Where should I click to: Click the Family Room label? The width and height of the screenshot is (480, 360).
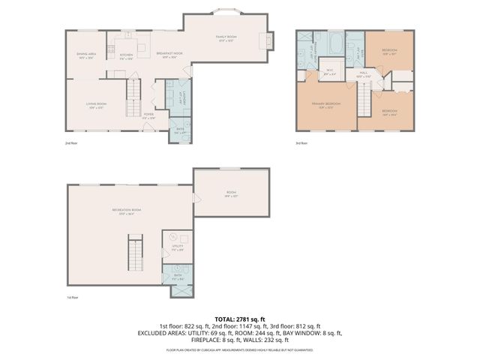(x=226, y=37)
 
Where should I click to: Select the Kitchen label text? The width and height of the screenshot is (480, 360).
(x=126, y=55)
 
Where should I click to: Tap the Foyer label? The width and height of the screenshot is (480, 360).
(x=148, y=116)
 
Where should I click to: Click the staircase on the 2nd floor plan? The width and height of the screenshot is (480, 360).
(x=133, y=94)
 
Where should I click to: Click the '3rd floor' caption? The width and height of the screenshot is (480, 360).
(x=301, y=143)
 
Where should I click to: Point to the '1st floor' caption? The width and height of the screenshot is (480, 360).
(x=72, y=297)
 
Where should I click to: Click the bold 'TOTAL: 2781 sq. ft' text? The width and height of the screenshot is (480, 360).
(x=239, y=319)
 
